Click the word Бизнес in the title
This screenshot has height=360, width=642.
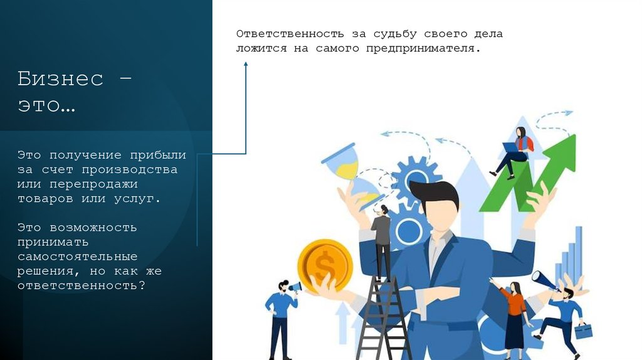point(60,79)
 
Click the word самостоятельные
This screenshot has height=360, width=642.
point(77,257)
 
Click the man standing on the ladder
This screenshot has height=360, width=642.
point(381,241)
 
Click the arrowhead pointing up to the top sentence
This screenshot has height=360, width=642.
point(246,64)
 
